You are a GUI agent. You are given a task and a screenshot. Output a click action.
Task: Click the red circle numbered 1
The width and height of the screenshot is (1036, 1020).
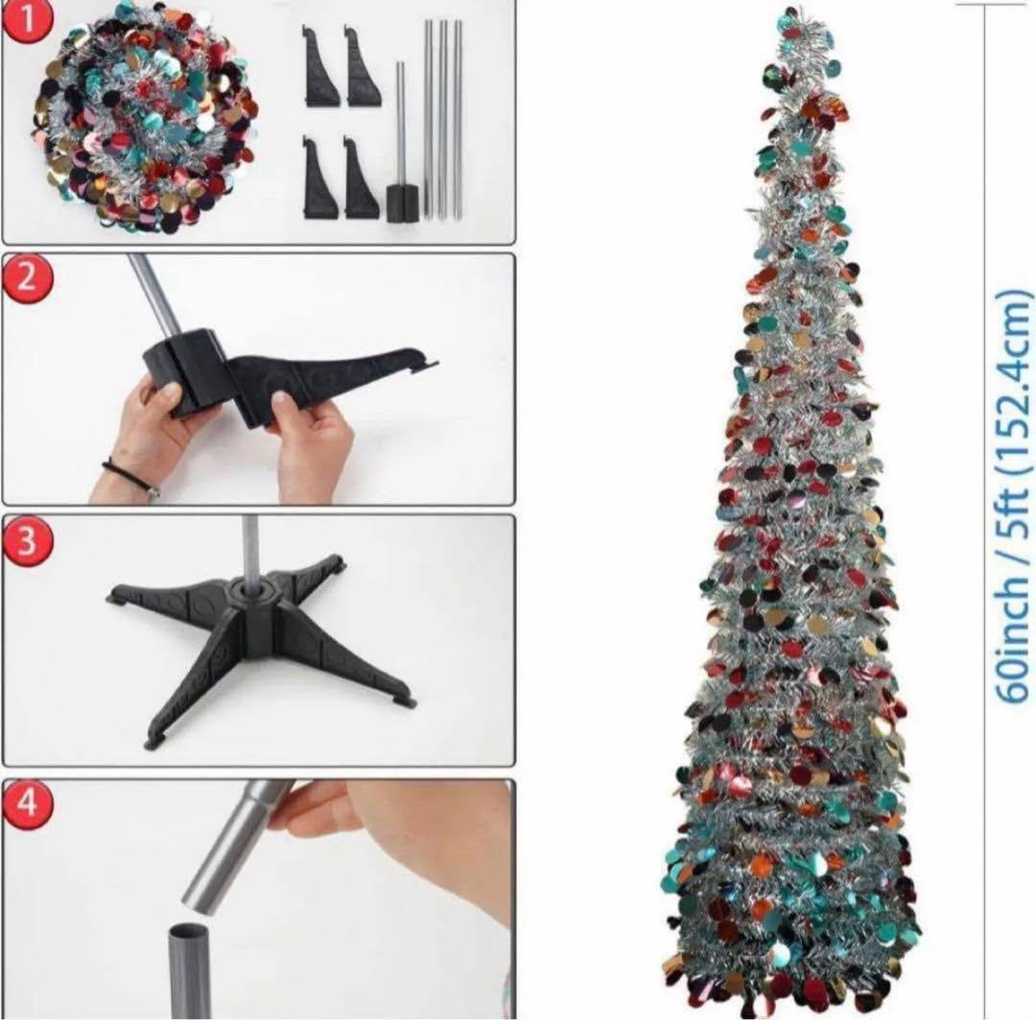[x=26, y=18]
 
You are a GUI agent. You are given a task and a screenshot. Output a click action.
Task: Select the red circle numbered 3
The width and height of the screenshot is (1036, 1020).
[x=27, y=540]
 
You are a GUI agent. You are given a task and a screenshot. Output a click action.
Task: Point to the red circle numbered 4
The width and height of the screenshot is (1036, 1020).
[x=27, y=802]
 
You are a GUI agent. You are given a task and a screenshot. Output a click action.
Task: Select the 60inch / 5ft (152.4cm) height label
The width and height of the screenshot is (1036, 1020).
[x=1013, y=494]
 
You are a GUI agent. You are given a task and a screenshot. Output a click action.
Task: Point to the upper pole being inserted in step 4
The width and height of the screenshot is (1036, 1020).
[x=231, y=847]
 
